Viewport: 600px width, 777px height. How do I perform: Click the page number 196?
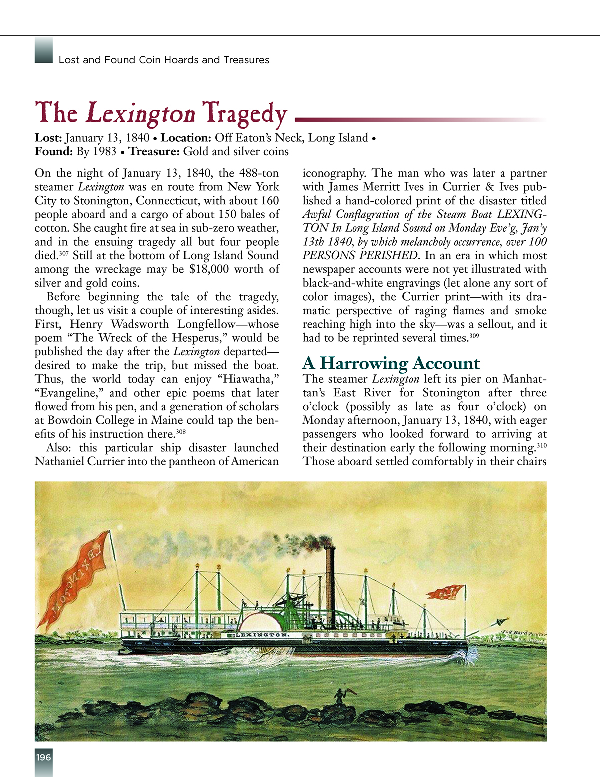pyautogui.click(x=43, y=757)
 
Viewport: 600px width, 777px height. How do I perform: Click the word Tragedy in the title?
pyautogui.click(x=244, y=114)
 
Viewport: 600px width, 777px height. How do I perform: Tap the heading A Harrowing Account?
pyautogui.click(x=391, y=363)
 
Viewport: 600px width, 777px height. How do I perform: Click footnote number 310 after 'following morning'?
pyautogui.click(x=542, y=445)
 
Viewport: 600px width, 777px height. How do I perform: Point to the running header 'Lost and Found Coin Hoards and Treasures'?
pyautogui.click(x=164, y=60)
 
